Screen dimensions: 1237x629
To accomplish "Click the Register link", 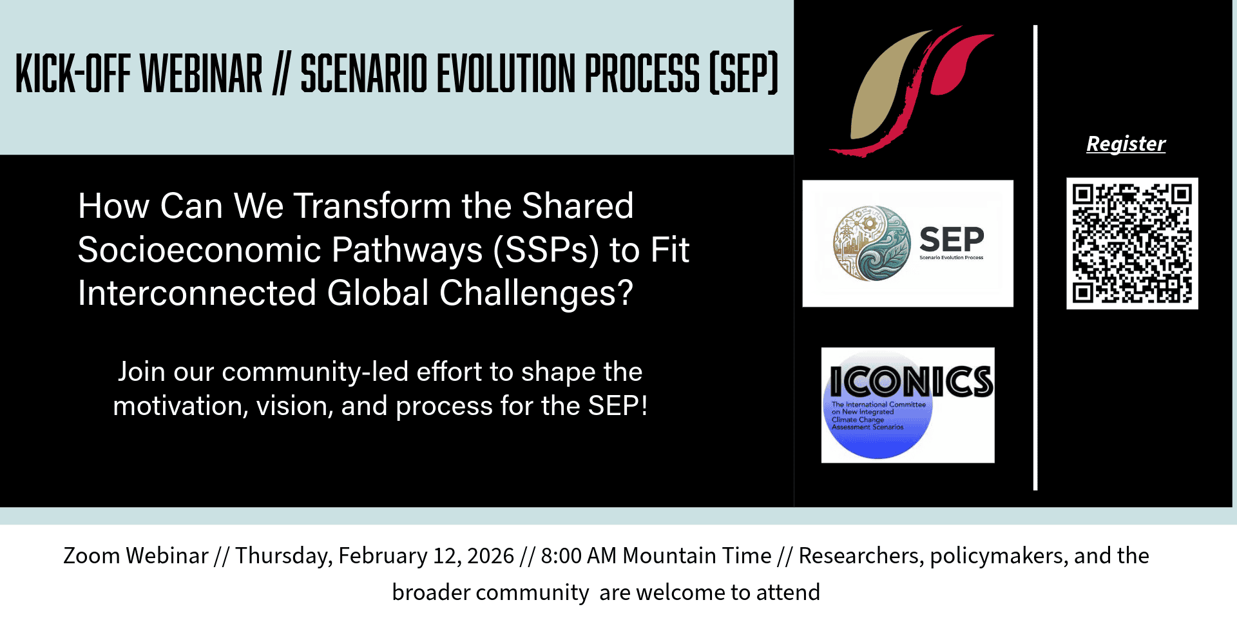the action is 1126,144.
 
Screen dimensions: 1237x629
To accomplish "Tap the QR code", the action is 1132,244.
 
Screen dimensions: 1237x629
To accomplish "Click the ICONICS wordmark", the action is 911,381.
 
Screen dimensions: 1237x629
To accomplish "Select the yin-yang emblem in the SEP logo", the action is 872,243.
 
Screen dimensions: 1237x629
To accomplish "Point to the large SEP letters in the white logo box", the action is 952,239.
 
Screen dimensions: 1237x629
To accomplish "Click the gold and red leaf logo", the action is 911,91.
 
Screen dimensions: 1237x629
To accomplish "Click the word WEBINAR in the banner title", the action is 201,73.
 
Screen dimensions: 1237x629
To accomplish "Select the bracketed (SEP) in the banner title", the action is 744,73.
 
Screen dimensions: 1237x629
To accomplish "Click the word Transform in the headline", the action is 373,206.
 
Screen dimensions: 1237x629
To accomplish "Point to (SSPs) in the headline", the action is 546,250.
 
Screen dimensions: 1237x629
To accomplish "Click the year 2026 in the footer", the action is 491,556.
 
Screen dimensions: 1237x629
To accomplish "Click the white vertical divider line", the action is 1035,258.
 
